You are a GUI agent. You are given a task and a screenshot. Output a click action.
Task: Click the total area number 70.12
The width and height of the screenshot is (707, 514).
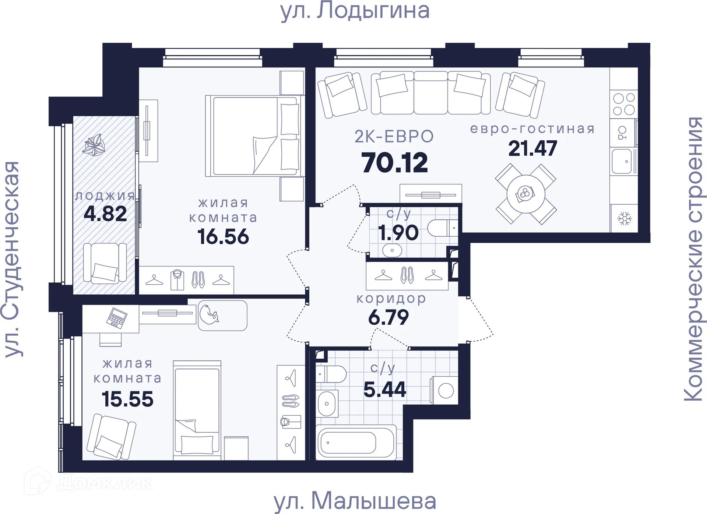(x=394, y=163)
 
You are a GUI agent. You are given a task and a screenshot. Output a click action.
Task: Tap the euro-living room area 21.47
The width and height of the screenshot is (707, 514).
(x=532, y=149)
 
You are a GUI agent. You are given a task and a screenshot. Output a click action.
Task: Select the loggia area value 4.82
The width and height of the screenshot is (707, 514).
(x=105, y=214)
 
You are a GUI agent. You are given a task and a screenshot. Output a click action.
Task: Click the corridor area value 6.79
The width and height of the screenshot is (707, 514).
(x=388, y=317)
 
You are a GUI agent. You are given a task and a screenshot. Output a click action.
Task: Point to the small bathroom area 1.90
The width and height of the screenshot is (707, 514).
(x=398, y=233)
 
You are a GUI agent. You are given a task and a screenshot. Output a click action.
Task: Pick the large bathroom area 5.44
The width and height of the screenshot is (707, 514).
(x=384, y=390)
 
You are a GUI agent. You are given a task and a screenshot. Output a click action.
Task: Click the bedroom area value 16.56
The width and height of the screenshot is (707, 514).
(x=223, y=237)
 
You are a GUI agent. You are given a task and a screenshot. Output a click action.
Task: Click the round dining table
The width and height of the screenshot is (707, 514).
(x=525, y=194)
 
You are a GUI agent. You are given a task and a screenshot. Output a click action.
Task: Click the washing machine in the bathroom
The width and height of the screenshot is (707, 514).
(x=445, y=390)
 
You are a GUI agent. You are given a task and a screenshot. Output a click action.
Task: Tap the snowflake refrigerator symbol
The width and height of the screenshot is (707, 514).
(x=625, y=219)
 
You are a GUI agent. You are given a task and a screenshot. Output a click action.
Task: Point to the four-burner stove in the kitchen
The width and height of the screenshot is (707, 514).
(x=624, y=104)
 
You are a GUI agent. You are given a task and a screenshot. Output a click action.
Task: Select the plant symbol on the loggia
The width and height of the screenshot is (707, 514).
(x=94, y=145)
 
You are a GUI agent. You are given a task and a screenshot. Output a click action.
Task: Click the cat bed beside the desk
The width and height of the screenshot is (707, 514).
(x=222, y=316)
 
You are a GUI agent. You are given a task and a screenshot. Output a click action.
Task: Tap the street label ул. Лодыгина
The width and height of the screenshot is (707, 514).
(x=355, y=11)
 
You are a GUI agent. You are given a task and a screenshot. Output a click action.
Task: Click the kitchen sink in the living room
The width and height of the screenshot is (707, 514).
(x=622, y=161)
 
